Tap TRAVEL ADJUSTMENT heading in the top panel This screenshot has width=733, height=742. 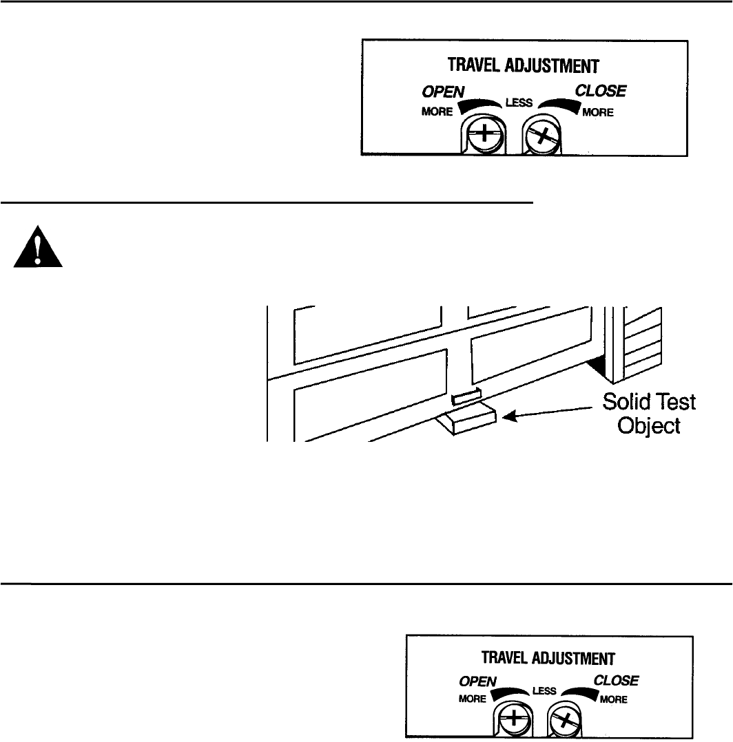525,66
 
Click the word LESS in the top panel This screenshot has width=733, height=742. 520,104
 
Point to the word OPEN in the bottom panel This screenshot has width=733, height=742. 477,682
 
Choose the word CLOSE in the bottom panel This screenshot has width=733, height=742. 616,681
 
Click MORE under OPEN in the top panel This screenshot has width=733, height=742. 437,112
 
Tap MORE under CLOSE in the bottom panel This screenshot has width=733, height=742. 612,699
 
